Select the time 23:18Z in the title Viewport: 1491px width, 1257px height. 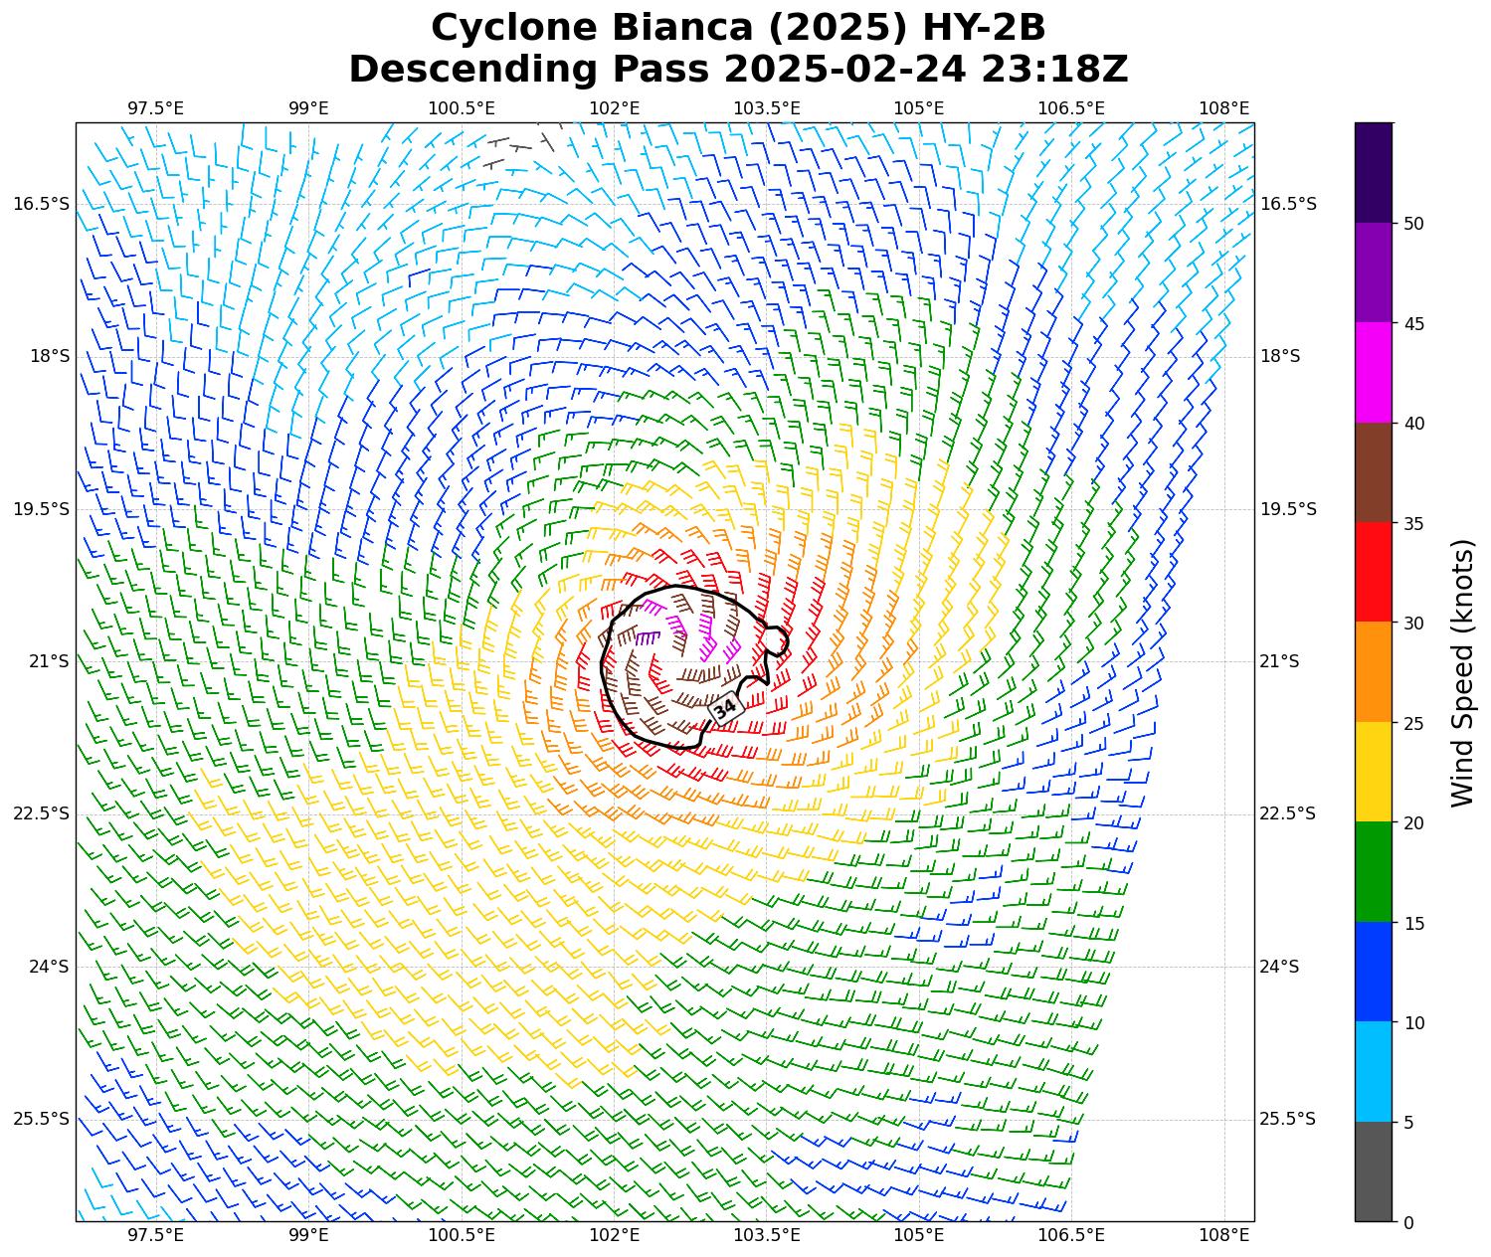click(x=1054, y=70)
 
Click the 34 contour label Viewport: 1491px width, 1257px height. click(x=725, y=708)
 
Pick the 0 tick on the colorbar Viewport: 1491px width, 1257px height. click(x=1407, y=1222)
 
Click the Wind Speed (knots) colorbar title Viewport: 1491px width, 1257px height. click(x=1461, y=672)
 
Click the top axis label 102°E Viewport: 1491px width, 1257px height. click(x=614, y=107)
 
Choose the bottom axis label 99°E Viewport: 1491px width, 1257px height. click(x=308, y=1235)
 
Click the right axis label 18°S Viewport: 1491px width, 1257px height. click(x=1280, y=356)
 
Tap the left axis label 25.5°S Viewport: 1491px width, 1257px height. click(x=42, y=1119)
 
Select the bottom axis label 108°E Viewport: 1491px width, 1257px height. click(x=1224, y=1235)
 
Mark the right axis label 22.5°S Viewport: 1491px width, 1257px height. click(x=1287, y=813)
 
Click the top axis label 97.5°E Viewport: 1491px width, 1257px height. click(x=155, y=107)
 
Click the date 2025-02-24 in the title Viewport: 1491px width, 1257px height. click(x=844, y=70)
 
